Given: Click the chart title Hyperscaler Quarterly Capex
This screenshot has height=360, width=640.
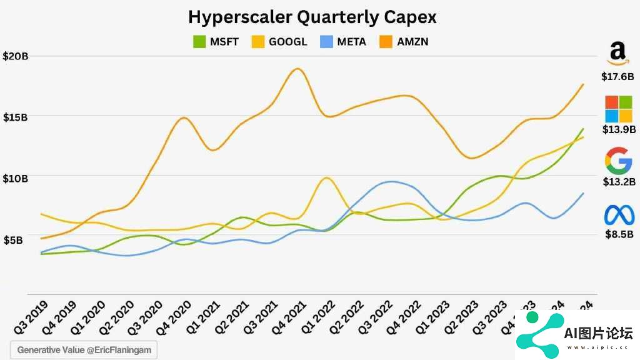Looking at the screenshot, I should pyautogui.click(x=312, y=17).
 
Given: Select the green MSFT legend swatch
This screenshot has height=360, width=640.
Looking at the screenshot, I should pyautogui.click(x=199, y=42).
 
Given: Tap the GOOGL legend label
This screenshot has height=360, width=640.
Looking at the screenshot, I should pyautogui.click(x=288, y=42).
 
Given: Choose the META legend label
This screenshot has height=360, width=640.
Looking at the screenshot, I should pyautogui.click(x=352, y=42).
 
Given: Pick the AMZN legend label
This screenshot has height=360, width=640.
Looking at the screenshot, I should pyautogui.click(x=412, y=42).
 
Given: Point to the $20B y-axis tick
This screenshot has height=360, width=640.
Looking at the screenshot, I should pyautogui.click(x=16, y=56).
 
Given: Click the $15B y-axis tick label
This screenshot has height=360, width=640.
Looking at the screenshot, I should pyautogui.click(x=16, y=117).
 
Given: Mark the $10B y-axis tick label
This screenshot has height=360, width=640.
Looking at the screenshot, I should pyautogui.click(x=16, y=179).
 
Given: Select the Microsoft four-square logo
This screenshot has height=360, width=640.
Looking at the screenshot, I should pyautogui.click(x=618, y=109).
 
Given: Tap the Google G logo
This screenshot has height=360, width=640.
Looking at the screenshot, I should pyautogui.click(x=618, y=161).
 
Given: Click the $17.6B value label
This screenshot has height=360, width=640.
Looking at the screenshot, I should pyautogui.click(x=617, y=77).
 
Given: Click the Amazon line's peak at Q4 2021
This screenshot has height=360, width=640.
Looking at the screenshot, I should pyautogui.click(x=297, y=69).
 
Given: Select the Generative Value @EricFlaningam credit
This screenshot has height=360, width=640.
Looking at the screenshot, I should pyautogui.click(x=84, y=350).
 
